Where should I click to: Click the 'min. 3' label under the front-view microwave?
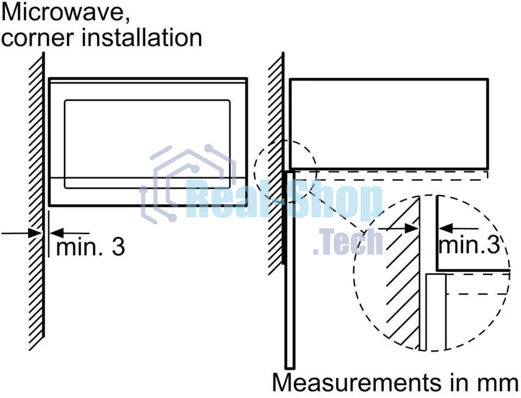[90, 247]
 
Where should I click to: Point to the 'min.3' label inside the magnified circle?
[469, 245]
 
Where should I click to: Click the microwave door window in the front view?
[147, 144]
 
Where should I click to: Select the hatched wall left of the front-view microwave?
[36, 201]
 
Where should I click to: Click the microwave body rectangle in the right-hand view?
[389, 124]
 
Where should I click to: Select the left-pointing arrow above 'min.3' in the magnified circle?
[458, 229]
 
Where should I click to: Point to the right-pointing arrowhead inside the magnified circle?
[412, 229]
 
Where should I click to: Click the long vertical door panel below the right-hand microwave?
[290, 269]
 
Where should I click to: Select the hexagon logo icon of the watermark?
[188, 183]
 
